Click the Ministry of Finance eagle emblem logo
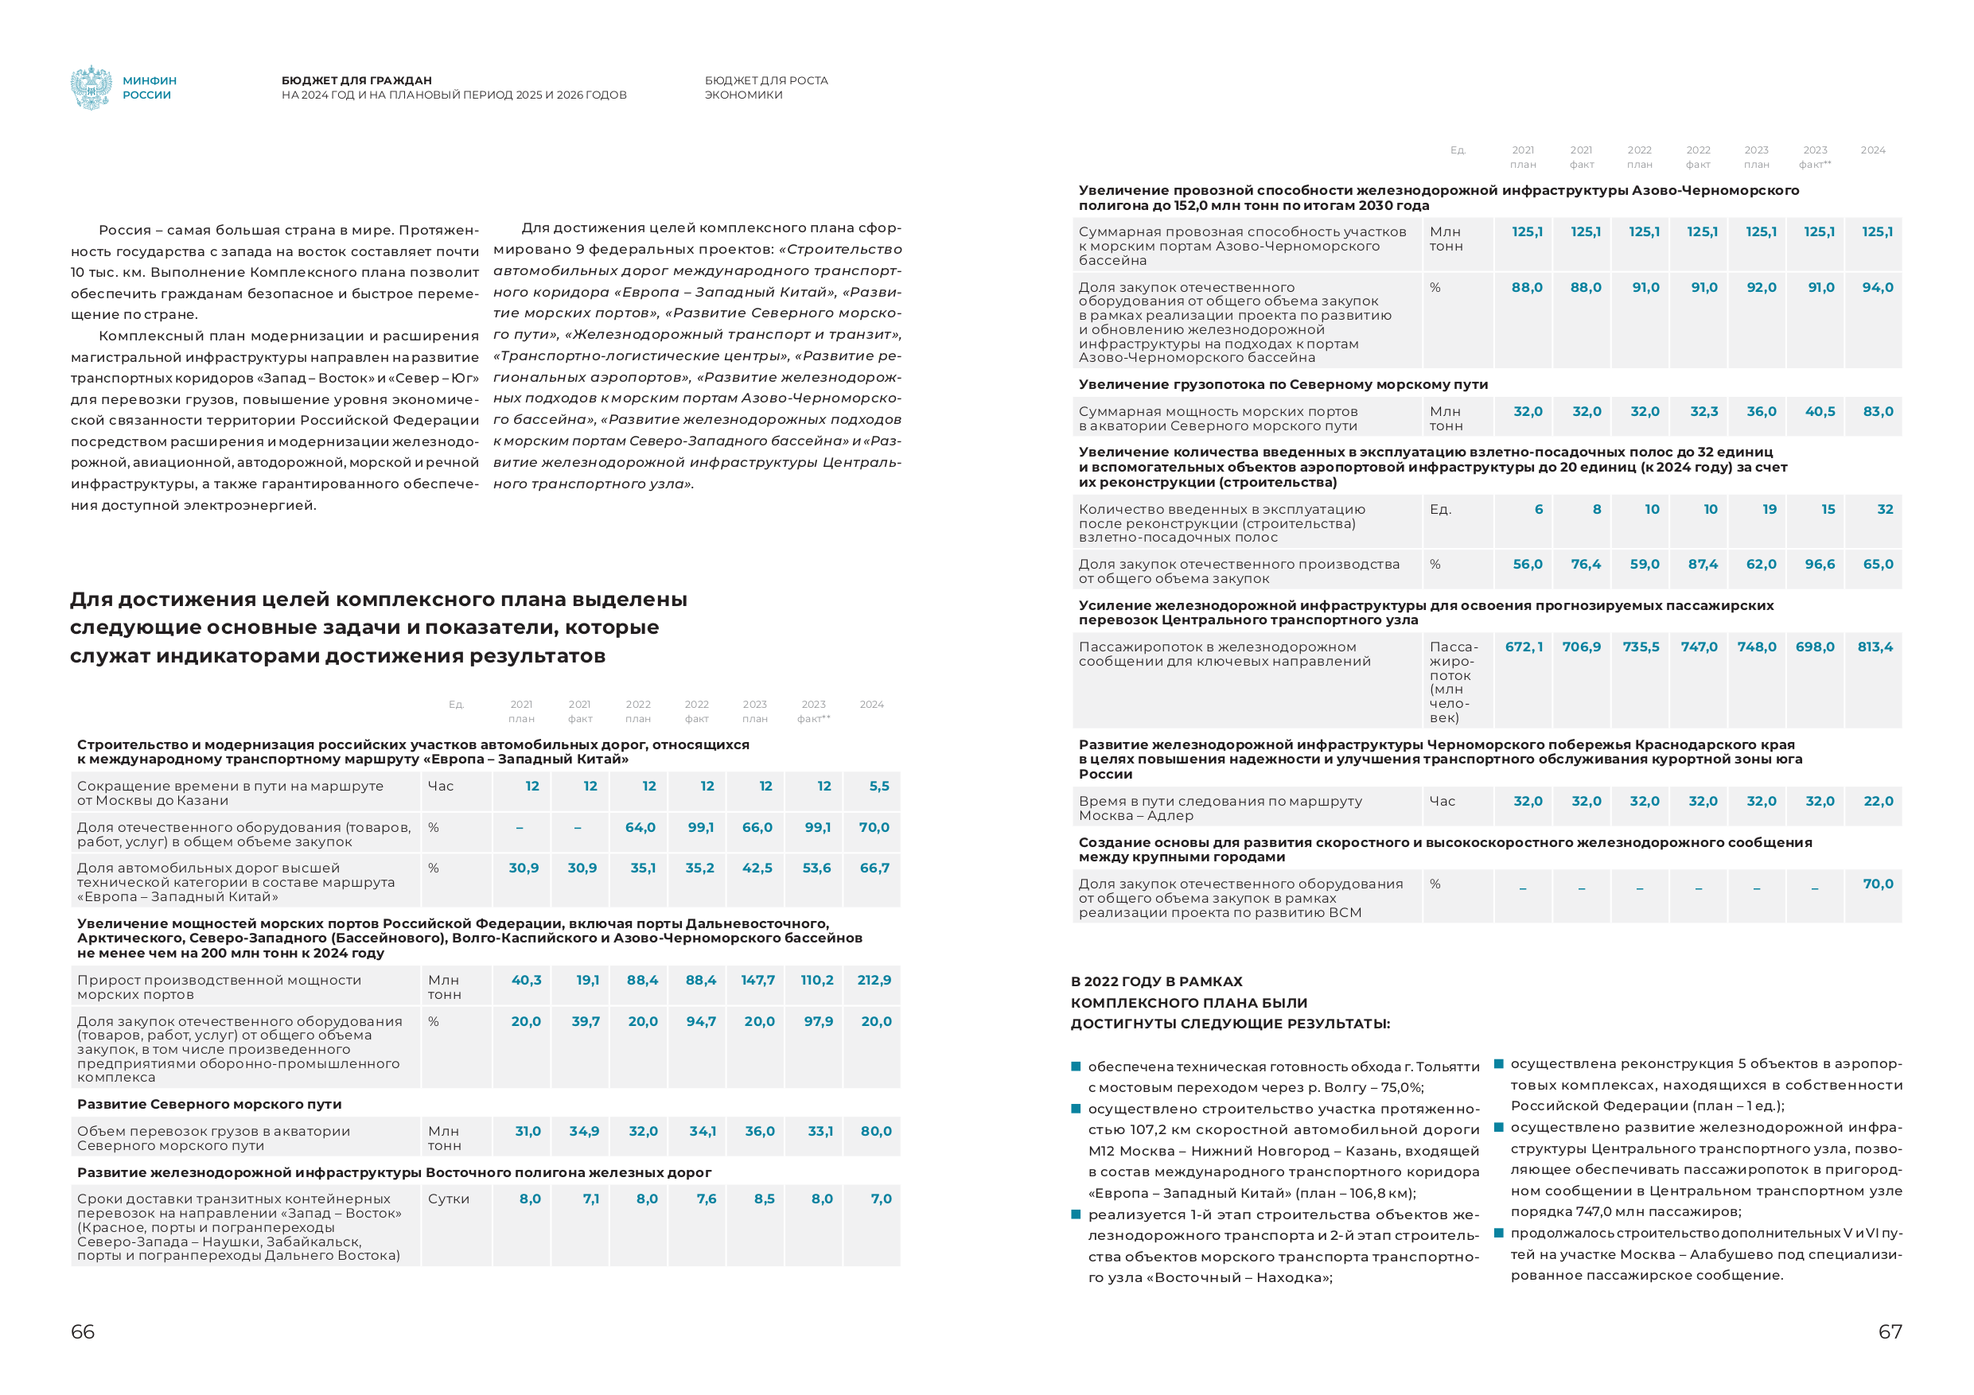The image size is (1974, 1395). coord(91,87)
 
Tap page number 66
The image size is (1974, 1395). coord(83,1331)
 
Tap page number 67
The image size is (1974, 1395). coord(1890,1331)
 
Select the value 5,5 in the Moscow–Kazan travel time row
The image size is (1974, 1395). coord(878,786)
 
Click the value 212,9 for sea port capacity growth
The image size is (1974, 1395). coord(874,980)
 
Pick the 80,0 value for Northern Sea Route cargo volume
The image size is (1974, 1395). coord(875,1131)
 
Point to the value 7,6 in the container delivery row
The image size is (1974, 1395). coord(706,1199)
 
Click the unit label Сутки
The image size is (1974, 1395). coord(449,1199)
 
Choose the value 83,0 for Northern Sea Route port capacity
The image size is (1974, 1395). coord(1878,412)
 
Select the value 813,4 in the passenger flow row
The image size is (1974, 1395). coord(1875,647)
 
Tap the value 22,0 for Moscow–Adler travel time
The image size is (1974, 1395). coord(1878,801)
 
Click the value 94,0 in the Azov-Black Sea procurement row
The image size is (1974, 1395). coord(1878,288)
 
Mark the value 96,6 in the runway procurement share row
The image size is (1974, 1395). coord(1819,565)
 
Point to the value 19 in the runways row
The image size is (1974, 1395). coord(1770,510)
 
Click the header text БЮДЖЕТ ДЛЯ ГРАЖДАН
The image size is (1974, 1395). coord(356,80)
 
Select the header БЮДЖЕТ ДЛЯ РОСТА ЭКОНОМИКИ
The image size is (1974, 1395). coord(766,87)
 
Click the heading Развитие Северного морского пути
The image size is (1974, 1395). coord(209,1104)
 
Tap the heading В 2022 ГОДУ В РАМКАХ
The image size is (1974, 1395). coord(1156,981)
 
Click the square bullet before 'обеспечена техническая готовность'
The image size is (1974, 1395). coord(1076,1067)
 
